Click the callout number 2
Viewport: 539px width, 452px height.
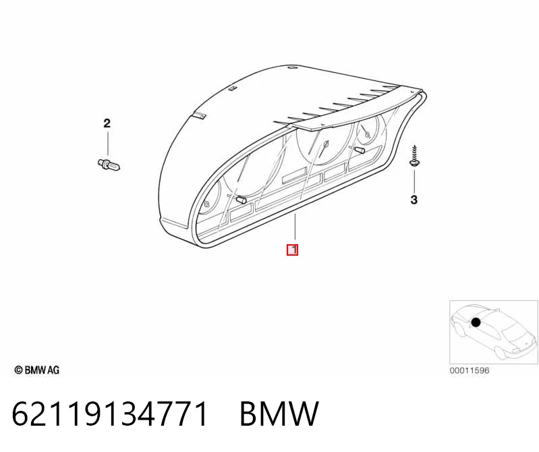click(x=107, y=123)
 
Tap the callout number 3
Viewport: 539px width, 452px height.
click(x=414, y=200)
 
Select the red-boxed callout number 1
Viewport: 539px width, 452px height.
click(x=293, y=250)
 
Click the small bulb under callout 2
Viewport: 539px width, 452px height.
click(x=109, y=165)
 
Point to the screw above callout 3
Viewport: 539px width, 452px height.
click(x=414, y=156)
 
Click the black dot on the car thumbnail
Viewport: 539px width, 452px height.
click(x=476, y=322)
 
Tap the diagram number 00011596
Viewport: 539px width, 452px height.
click(x=470, y=370)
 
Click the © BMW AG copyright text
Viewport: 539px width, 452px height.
click(x=37, y=370)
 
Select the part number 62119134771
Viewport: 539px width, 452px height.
click(x=110, y=413)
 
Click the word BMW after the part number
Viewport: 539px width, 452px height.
click(x=279, y=413)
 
